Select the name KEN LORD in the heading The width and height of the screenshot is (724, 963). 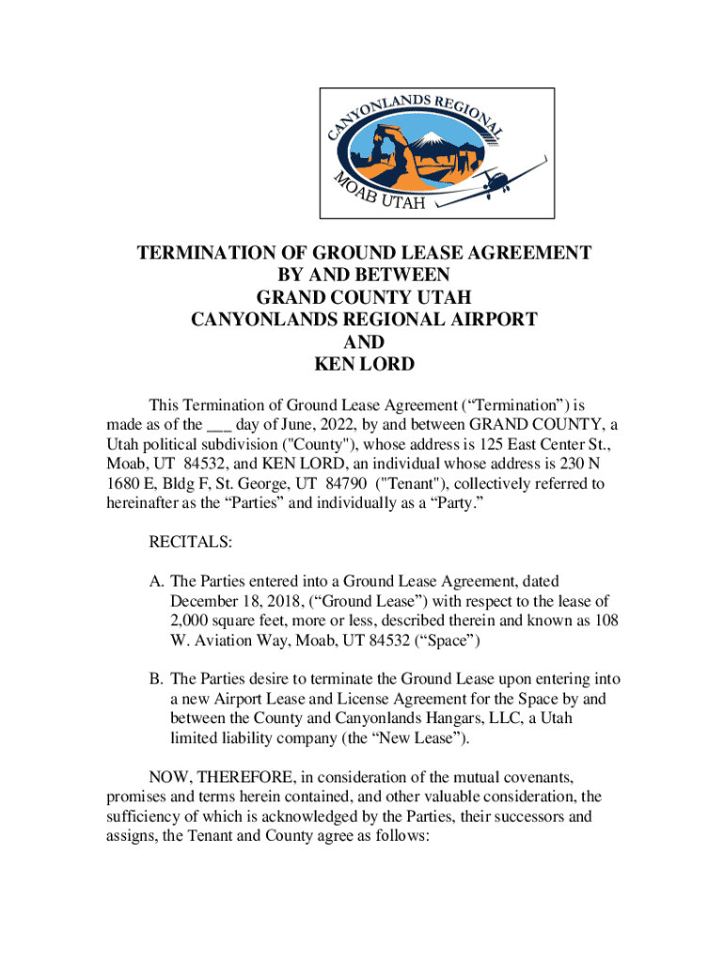click(x=364, y=363)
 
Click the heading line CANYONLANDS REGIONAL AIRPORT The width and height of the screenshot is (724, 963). click(x=364, y=319)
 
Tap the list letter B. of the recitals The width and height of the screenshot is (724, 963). click(x=156, y=679)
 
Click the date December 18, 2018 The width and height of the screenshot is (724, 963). click(x=236, y=602)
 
